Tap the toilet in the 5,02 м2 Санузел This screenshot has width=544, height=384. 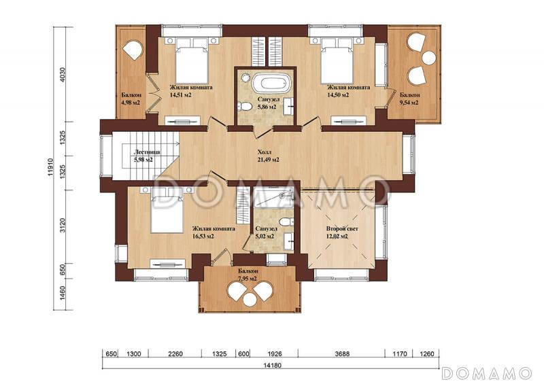286,222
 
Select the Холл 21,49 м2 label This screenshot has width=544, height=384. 268,156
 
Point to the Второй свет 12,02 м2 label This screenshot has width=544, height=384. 342,232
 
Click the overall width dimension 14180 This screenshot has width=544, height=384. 273,365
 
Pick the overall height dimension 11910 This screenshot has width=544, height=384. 50,168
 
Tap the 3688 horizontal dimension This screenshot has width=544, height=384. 342,354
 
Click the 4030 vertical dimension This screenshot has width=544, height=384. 63,74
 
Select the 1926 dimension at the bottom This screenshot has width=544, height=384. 275,354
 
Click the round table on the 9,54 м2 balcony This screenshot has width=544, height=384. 429,58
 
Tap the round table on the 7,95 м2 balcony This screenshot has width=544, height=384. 249,299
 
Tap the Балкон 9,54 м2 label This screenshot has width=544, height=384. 410,99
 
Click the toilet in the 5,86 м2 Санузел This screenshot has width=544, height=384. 245,106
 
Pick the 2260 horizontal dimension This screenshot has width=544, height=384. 175,354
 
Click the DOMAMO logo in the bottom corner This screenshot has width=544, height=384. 486,373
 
